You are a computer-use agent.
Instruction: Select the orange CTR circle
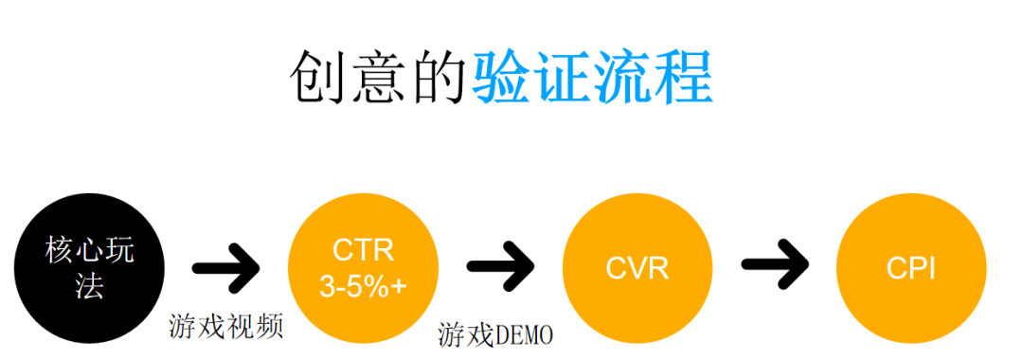tap(363, 268)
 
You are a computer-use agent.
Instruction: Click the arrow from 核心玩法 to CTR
tap(225, 268)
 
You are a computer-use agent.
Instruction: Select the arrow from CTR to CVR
tap(500, 268)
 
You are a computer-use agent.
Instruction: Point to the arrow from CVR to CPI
tap(775, 268)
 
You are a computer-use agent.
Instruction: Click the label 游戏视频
tap(226, 327)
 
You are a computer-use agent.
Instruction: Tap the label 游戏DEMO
tap(495, 333)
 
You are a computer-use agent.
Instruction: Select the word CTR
tap(363, 250)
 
